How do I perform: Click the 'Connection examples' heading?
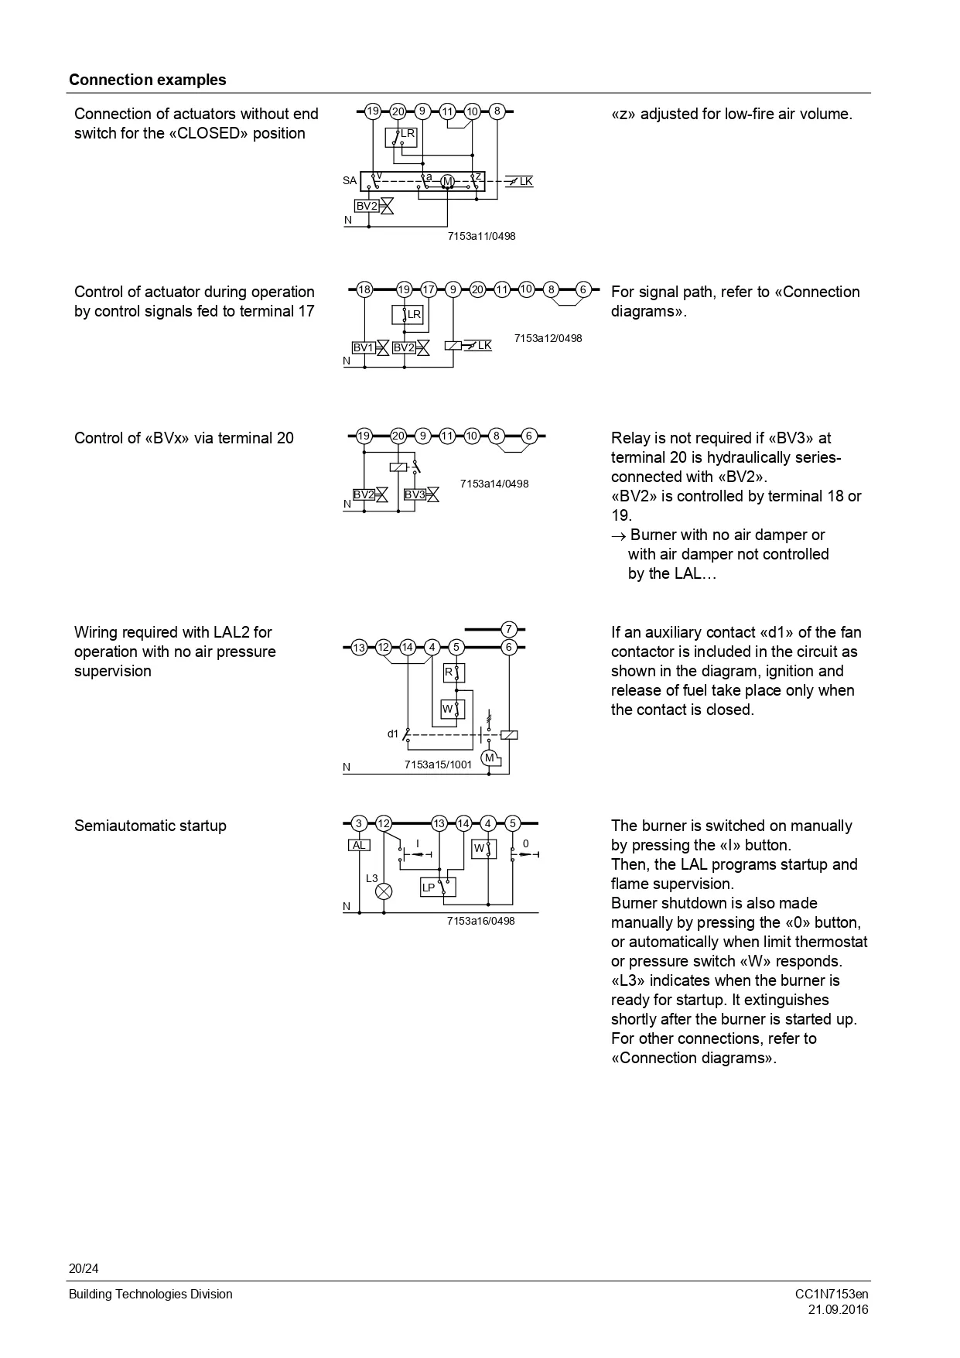tap(147, 80)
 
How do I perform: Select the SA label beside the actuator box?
tap(350, 181)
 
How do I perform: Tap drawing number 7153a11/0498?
tap(480, 236)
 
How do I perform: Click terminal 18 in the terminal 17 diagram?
tap(364, 289)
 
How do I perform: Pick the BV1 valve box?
tap(364, 348)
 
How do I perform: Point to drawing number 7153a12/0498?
tap(548, 338)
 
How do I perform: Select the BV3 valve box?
tap(415, 494)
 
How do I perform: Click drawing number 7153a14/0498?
tap(494, 484)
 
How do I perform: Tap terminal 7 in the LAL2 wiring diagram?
tap(509, 629)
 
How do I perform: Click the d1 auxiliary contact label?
tap(393, 734)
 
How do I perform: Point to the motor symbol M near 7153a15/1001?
tap(489, 758)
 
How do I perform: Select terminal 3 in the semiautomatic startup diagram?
tap(359, 823)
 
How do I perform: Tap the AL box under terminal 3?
tap(359, 846)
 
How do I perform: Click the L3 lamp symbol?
tap(384, 891)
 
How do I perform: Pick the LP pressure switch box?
tap(438, 888)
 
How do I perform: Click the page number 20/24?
tap(84, 1268)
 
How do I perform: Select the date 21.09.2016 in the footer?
tap(838, 1309)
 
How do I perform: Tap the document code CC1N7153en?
tap(831, 1294)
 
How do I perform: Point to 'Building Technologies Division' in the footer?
tap(150, 1294)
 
